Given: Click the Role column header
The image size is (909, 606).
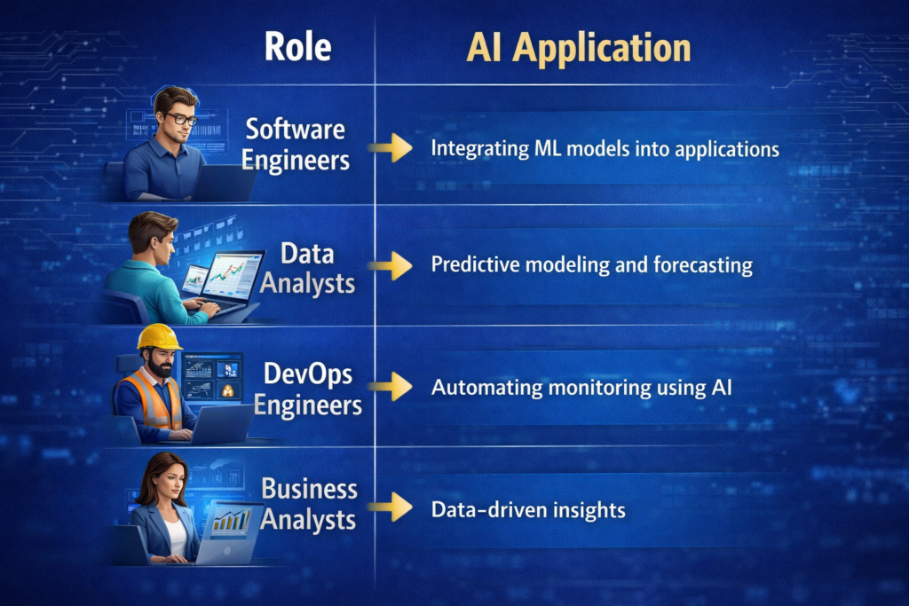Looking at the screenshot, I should [x=297, y=47].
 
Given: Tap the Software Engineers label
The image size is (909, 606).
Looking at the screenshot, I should [x=296, y=145].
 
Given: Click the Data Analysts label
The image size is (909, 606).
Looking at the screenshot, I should [x=306, y=268].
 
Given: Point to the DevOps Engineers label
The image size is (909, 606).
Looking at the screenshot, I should [x=307, y=390].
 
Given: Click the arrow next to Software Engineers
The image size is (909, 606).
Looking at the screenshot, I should [x=391, y=147].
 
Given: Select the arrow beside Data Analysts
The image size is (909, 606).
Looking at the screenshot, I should [x=391, y=265].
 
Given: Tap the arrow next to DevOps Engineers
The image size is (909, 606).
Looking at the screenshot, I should [x=391, y=387].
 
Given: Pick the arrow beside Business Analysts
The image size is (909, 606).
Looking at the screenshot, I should [x=391, y=508].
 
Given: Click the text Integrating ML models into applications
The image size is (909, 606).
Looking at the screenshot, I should [x=605, y=148].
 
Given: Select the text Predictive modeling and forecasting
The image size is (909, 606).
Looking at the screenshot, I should [x=591, y=265].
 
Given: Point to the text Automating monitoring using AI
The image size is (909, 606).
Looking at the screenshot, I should [x=585, y=387].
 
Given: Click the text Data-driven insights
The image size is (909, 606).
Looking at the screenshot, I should [x=528, y=509].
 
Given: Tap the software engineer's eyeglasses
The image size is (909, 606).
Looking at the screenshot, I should [x=182, y=118].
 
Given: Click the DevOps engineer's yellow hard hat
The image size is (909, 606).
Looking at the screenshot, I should [x=159, y=338].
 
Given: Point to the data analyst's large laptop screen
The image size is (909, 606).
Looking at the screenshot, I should [x=233, y=275].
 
